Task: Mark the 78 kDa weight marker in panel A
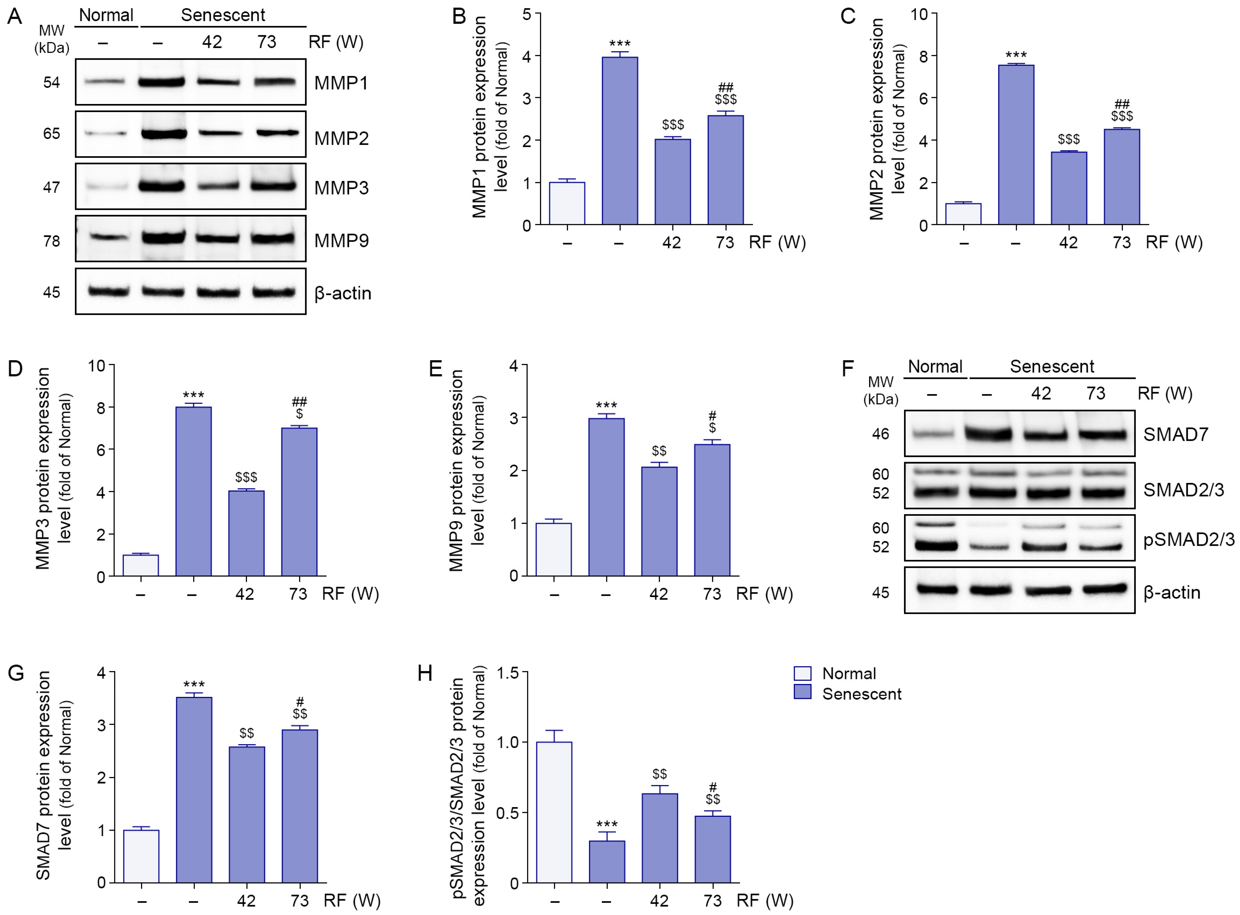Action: coord(51,241)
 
